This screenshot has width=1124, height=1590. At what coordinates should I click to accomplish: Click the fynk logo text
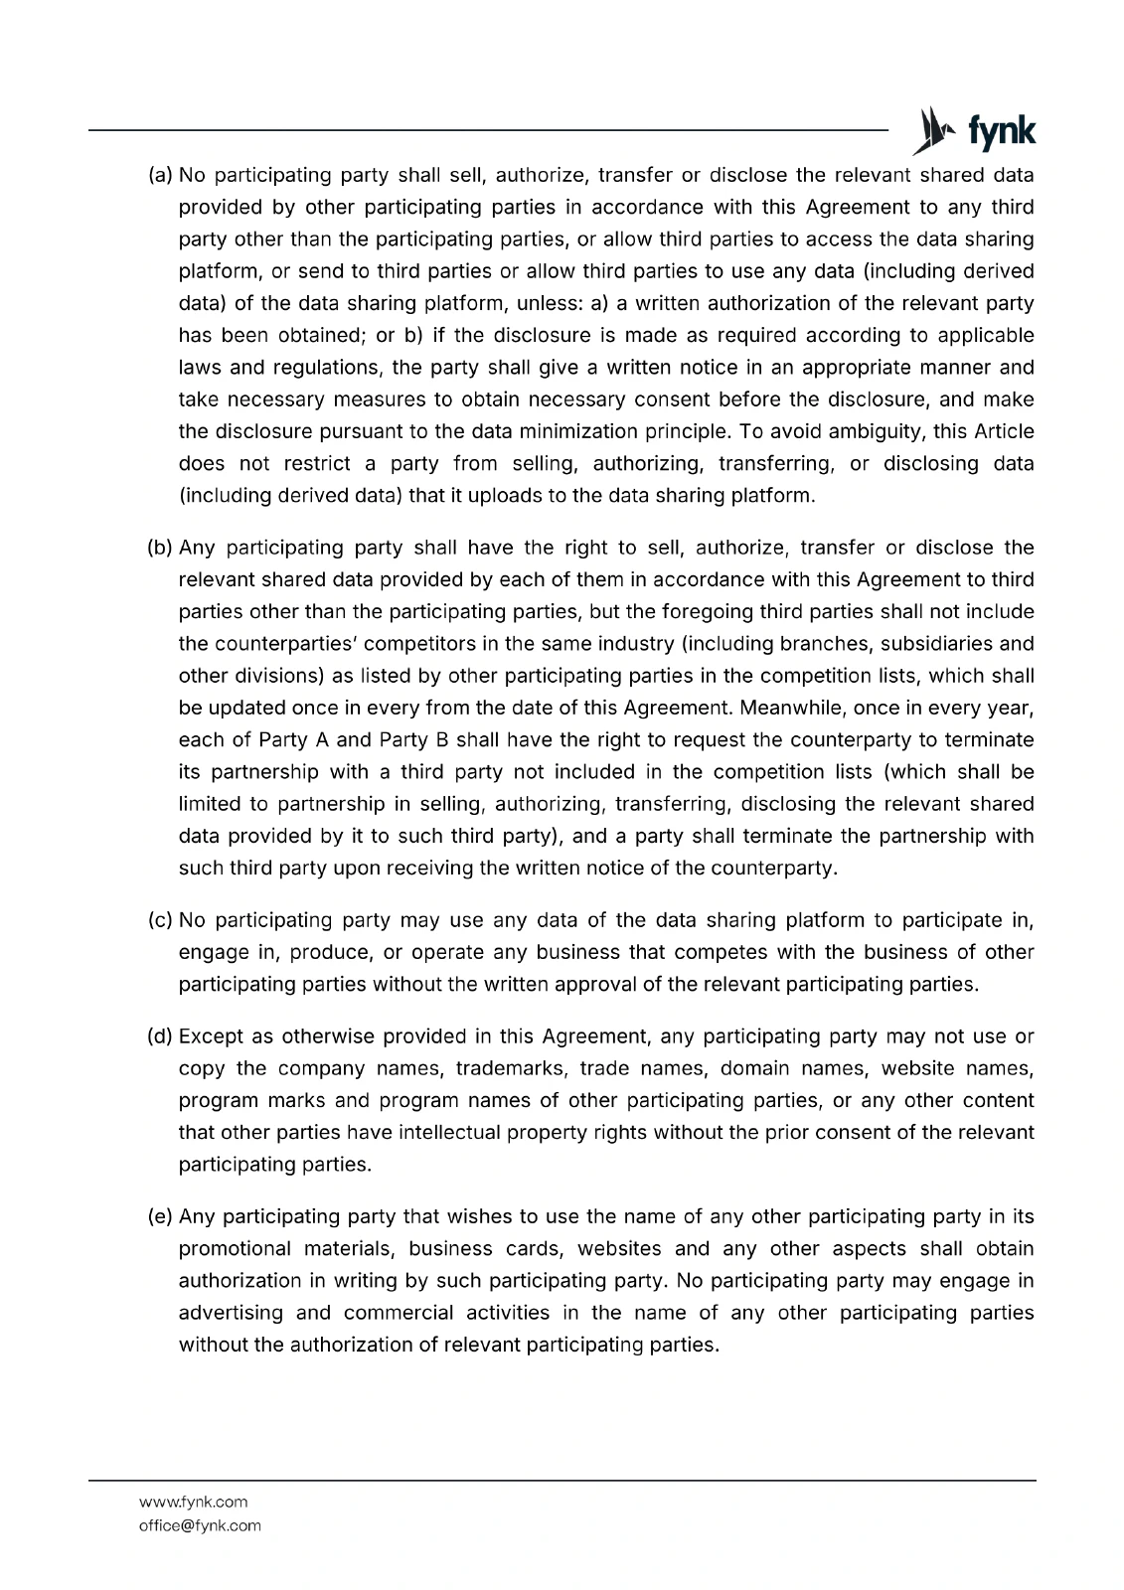point(1001,131)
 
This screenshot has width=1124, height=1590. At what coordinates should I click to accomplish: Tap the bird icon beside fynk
point(932,131)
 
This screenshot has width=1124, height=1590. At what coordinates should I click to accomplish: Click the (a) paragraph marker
point(160,176)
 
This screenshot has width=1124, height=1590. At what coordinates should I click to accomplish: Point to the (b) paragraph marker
point(160,549)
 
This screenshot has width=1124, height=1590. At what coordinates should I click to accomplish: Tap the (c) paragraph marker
point(160,921)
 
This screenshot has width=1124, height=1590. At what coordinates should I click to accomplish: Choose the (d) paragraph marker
point(160,1037)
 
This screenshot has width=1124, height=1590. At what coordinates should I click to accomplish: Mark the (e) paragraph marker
point(160,1217)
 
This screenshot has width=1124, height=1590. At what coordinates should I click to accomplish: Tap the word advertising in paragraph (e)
point(231,1313)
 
